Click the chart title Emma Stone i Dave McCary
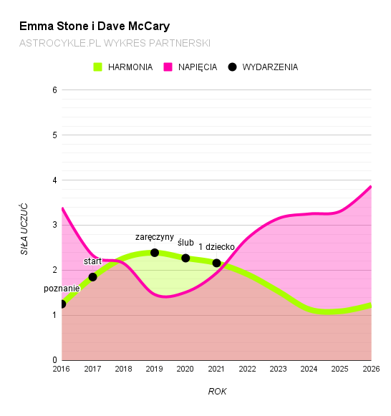tap(95, 26)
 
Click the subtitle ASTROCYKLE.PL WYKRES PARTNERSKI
tap(115, 44)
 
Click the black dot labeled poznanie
tap(62, 304)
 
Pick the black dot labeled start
tap(92, 277)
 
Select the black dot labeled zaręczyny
tap(155, 253)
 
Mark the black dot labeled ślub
tap(185, 258)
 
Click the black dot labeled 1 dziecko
tap(216, 263)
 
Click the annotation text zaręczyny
tap(155, 237)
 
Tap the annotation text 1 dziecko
tap(216, 247)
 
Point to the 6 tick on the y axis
tap(54, 90)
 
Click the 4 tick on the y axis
tap(54, 180)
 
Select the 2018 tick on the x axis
tap(123, 369)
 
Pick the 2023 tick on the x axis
tap(278, 369)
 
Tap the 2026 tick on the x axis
tap(370, 369)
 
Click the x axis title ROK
tap(217, 391)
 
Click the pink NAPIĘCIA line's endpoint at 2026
tap(370, 187)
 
